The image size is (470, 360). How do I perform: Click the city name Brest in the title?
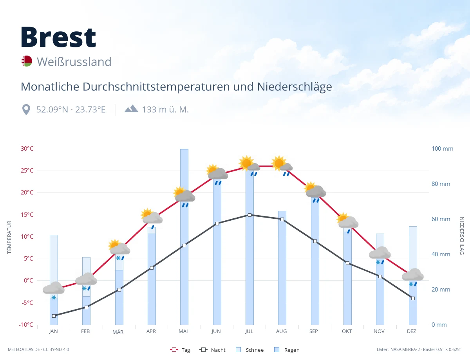[58, 37]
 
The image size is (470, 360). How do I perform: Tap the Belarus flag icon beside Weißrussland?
[27, 61]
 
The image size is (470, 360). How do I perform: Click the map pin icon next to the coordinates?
[26, 110]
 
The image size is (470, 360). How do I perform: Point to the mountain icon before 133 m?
[131, 109]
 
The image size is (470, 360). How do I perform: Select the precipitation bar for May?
[184, 237]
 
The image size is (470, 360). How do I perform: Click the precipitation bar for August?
[282, 268]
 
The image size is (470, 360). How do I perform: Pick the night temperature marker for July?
[249, 215]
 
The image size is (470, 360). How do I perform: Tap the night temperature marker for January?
[54, 316]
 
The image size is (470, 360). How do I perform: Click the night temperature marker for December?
[413, 299]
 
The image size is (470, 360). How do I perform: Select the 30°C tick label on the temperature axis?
[27, 149]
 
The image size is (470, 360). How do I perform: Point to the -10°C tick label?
[26, 324]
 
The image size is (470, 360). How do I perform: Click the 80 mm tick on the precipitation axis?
[441, 184]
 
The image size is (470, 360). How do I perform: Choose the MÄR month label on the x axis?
[118, 332]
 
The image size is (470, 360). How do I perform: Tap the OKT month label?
[347, 331]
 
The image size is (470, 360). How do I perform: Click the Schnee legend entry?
[249, 350]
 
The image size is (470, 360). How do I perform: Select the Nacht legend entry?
[212, 350]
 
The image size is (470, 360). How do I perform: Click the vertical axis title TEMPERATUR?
[9, 237]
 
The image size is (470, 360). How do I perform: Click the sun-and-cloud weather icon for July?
[249, 163]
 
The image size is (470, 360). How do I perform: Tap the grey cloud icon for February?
[86, 279]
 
